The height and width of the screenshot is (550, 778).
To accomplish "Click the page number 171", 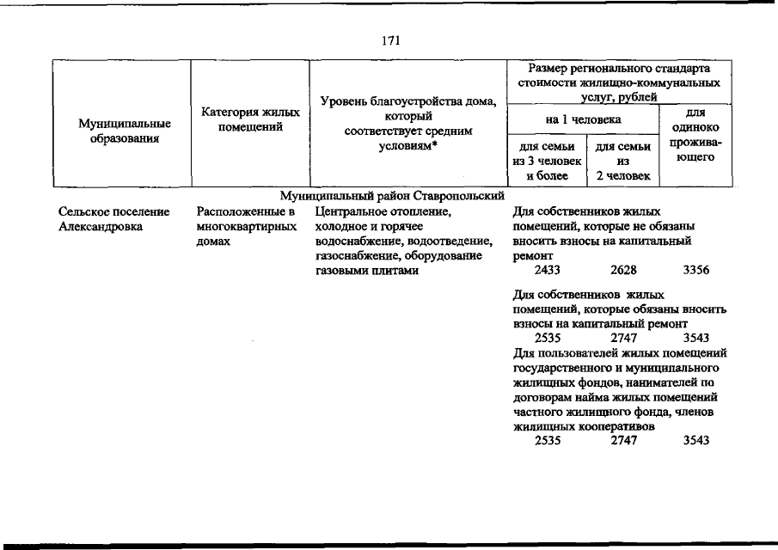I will click(x=389, y=40).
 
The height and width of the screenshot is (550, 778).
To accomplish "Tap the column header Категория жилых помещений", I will click(x=250, y=119).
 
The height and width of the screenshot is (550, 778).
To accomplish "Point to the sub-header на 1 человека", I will click(x=583, y=119).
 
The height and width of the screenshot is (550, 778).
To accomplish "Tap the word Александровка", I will click(x=101, y=227).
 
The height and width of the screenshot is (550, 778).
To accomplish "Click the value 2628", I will click(x=623, y=272).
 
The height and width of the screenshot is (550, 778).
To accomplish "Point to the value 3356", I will click(x=696, y=272).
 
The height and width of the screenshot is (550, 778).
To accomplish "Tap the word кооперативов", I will click(x=603, y=426).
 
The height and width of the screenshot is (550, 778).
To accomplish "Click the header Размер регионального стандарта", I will click(x=619, y=69).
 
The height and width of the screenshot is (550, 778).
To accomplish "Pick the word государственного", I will click(x=565, y=368).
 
